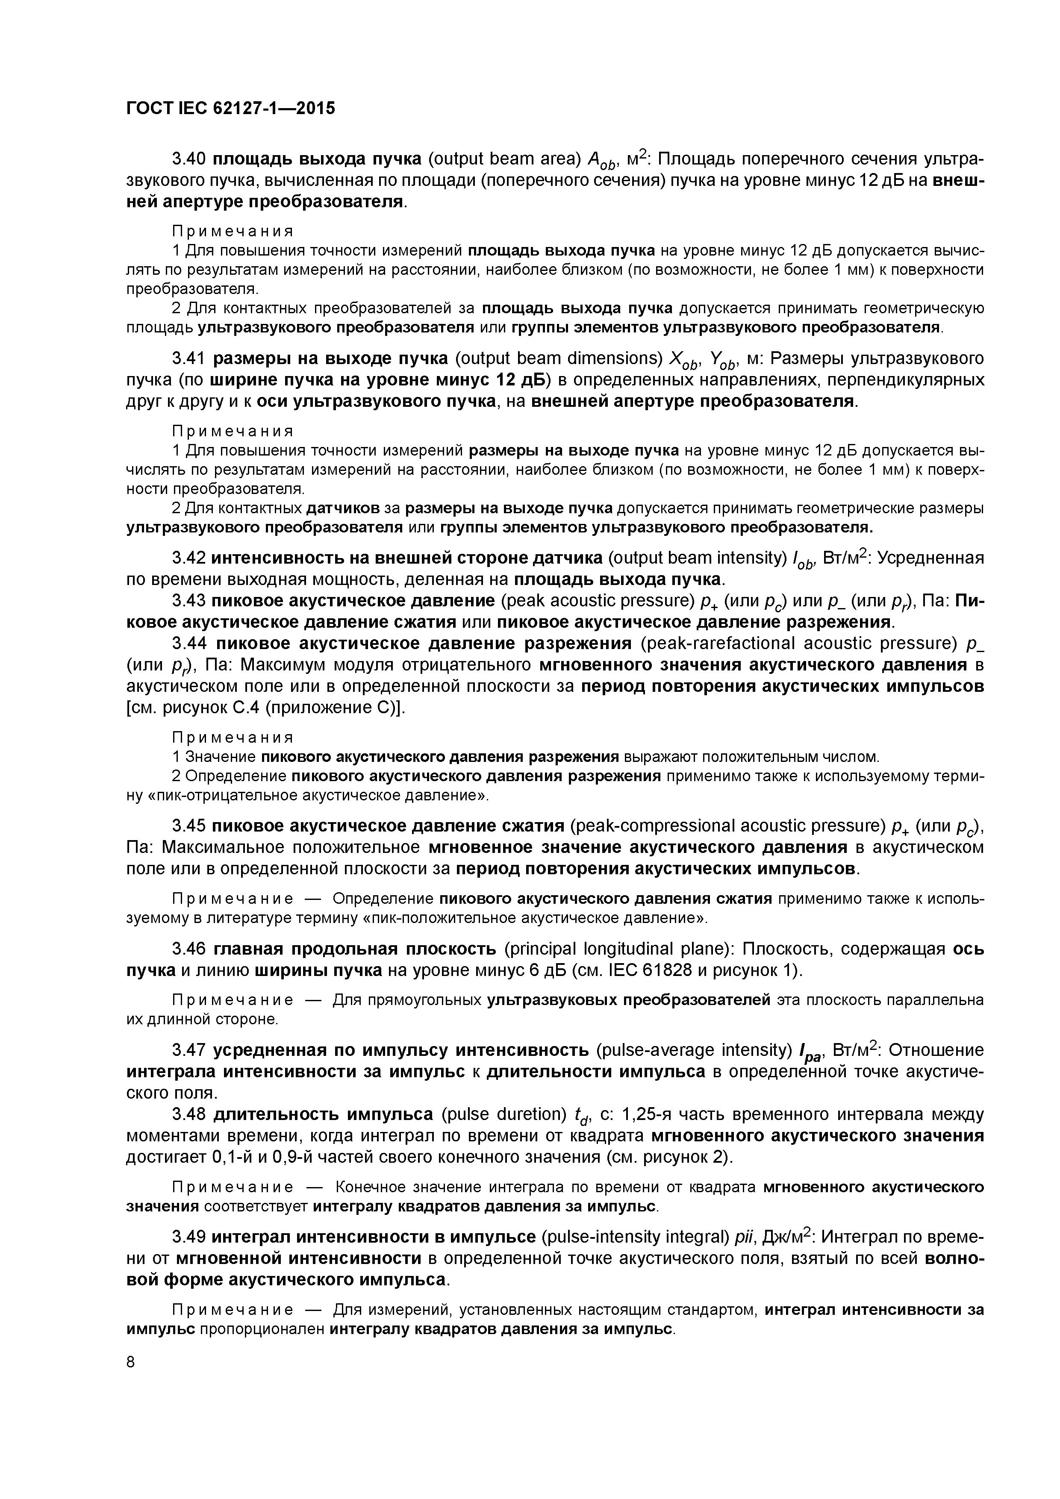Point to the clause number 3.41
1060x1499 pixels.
(189, 359)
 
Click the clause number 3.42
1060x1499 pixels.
(189, 558)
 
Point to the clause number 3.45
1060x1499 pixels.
(189, 826)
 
